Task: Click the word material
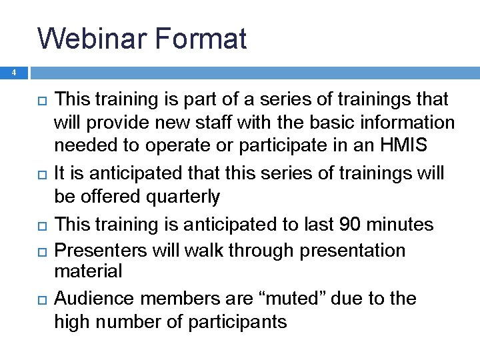pyautogui.click(x=88, y=271)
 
